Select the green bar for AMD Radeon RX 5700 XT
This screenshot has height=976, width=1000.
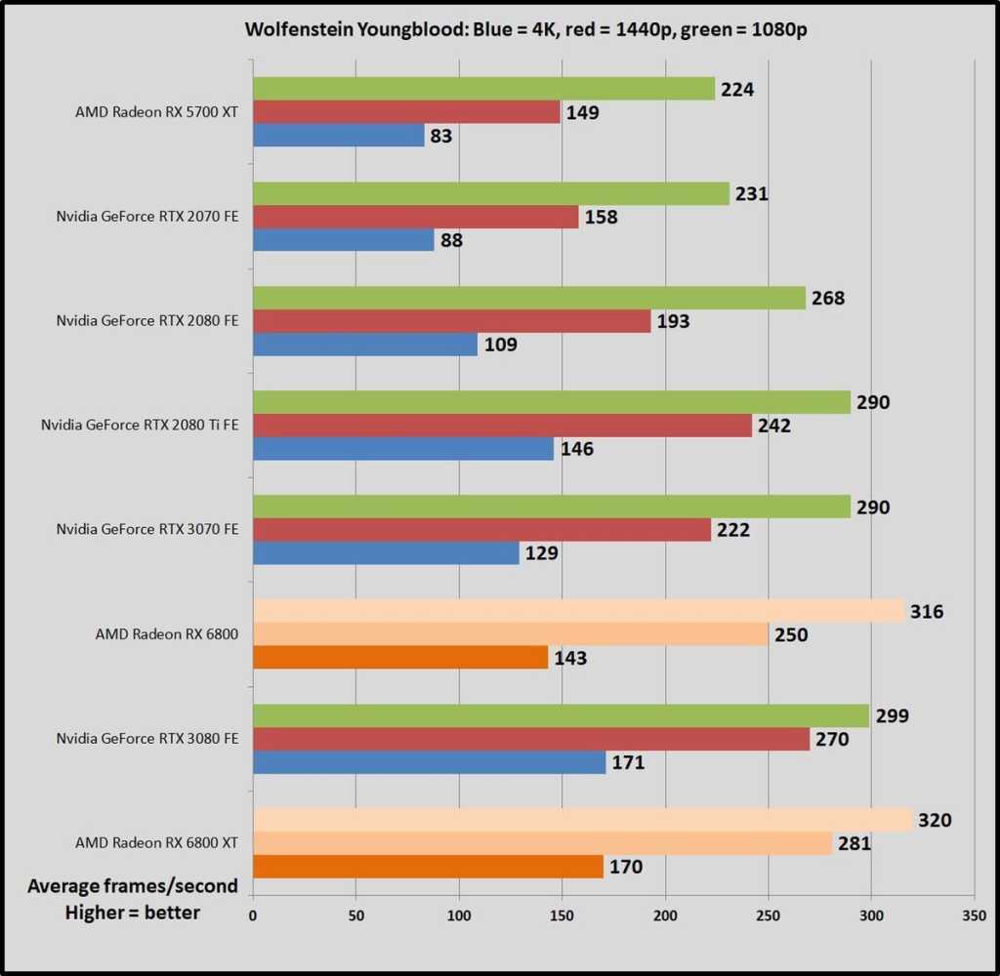(x=483, y=89)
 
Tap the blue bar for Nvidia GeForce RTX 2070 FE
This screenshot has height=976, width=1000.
(x=343, y=240)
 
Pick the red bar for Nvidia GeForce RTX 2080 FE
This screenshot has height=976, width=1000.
(x=451, y=321)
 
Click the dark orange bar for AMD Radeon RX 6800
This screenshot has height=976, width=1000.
(x=399, y=658)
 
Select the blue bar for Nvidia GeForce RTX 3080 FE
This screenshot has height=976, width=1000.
(x=429, y=762)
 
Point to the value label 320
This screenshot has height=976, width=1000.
(x=935, y=821)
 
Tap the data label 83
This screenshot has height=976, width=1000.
(x=441, y=136)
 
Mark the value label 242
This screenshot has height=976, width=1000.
(x=774, y=426)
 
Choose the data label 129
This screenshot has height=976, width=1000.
(x=541, y=553)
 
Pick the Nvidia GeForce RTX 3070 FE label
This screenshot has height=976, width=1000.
(x=146, y=529)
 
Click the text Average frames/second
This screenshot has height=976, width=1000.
(x=133, y=886)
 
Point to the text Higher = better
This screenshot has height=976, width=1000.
(x=133, y=913)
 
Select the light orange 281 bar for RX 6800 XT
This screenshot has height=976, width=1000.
(x=542, y=843)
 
